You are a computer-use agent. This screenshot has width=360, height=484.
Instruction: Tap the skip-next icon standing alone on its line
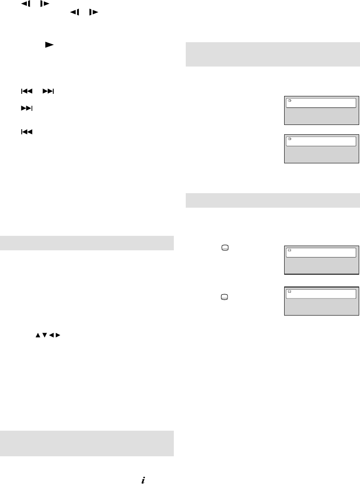click(27, 109)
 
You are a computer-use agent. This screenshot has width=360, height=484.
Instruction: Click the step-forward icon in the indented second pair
click(92, 13)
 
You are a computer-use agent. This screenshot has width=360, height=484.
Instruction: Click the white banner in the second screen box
click(321, 142)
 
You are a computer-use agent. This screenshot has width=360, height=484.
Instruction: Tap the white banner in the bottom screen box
click(321, 294)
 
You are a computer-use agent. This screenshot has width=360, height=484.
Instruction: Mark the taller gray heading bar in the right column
click(273, 54)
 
